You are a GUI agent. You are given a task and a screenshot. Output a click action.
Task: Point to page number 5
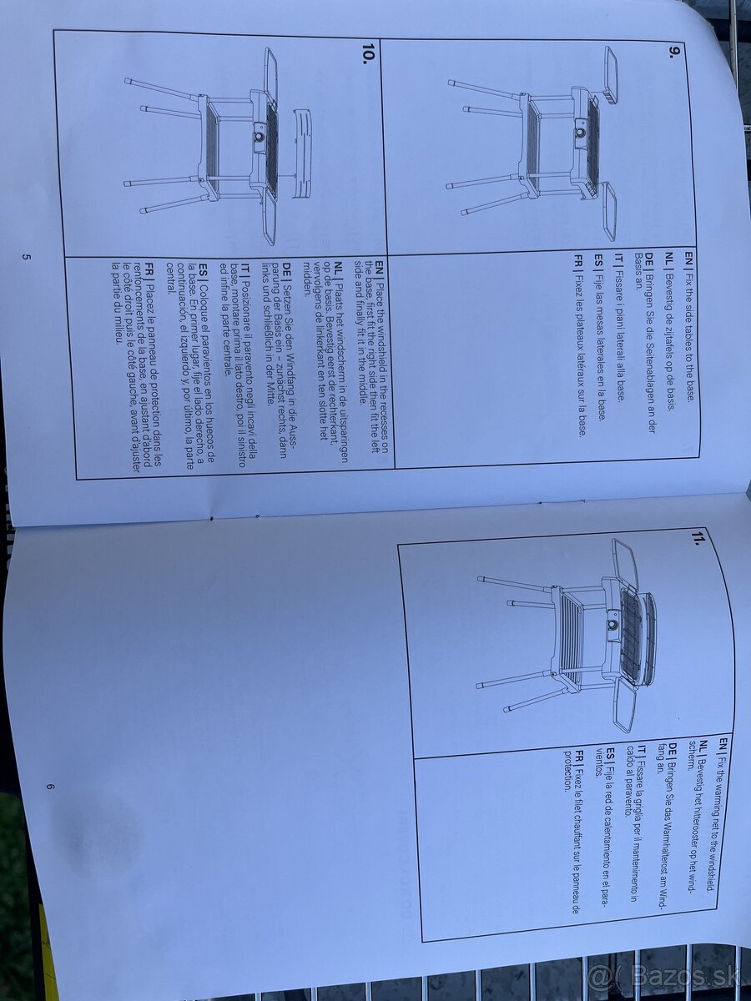pos(26,257)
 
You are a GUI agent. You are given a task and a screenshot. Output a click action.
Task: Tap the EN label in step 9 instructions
pos(688,259)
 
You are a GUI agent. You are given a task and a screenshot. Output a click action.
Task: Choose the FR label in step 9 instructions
pos(579,259)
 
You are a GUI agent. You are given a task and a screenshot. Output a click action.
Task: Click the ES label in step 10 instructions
pos(203,269)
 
